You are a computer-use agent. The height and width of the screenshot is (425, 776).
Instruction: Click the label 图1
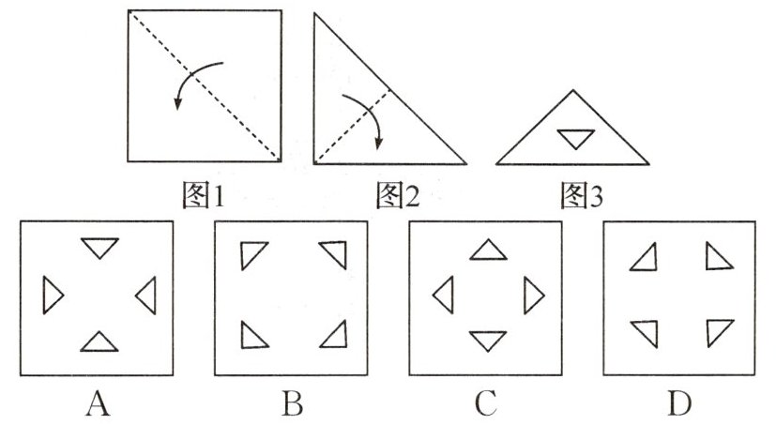(x=205, y=194)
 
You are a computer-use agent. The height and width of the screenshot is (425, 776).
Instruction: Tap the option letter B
(x=292, y=403)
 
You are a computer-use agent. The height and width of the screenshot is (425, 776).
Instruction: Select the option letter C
(x=485, y=403)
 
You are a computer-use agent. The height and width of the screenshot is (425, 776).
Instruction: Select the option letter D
(x=679, y=403)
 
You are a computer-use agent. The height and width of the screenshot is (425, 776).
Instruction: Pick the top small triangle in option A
(x=100, y=248)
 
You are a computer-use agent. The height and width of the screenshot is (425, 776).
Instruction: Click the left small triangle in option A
(x=53, y=296)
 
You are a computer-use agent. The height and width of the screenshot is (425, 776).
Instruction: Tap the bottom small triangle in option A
(x=100, y=342)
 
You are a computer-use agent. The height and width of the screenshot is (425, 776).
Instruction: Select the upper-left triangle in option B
(x=252, y=254)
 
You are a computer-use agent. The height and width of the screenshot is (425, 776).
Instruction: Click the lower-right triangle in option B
(x=333, y=334)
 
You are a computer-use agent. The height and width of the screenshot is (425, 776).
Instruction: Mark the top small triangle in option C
(x=487, y=250)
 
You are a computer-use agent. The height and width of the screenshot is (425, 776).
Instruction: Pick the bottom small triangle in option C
(x=487, y=340)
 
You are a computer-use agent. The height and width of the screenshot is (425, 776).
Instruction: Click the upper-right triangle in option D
(x=718, y=255)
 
